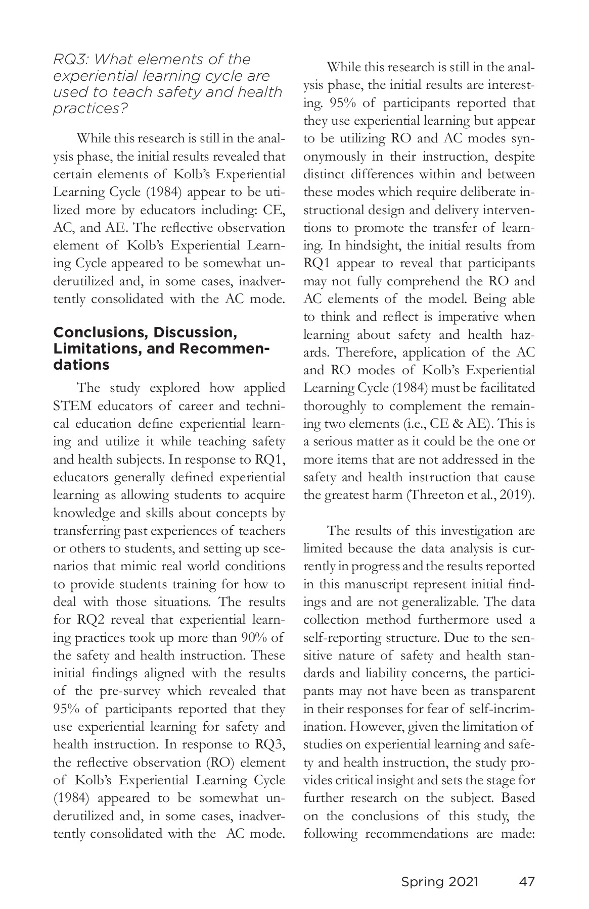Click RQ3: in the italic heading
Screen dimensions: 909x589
pyautogui.click(x=72, y=59)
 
